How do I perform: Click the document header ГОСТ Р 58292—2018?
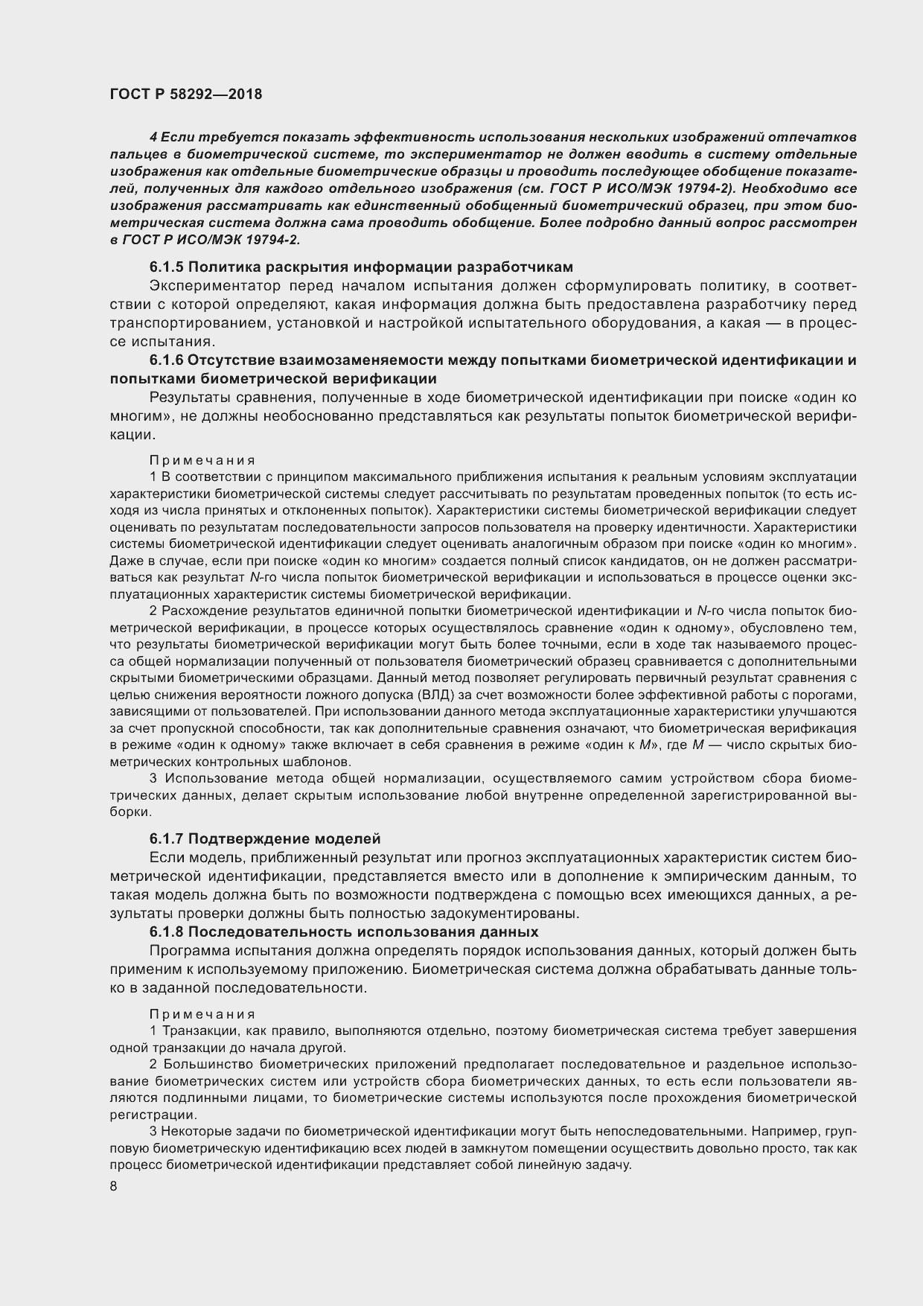185,95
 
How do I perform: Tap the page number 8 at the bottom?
113,1187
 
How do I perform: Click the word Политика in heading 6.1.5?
221,267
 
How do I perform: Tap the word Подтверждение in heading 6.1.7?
237,839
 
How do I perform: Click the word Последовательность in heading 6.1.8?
252,932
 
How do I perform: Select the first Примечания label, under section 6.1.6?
202,460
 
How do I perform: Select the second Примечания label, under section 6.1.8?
202,1013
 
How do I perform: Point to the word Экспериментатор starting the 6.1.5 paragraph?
215,286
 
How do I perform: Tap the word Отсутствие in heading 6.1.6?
223,360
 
